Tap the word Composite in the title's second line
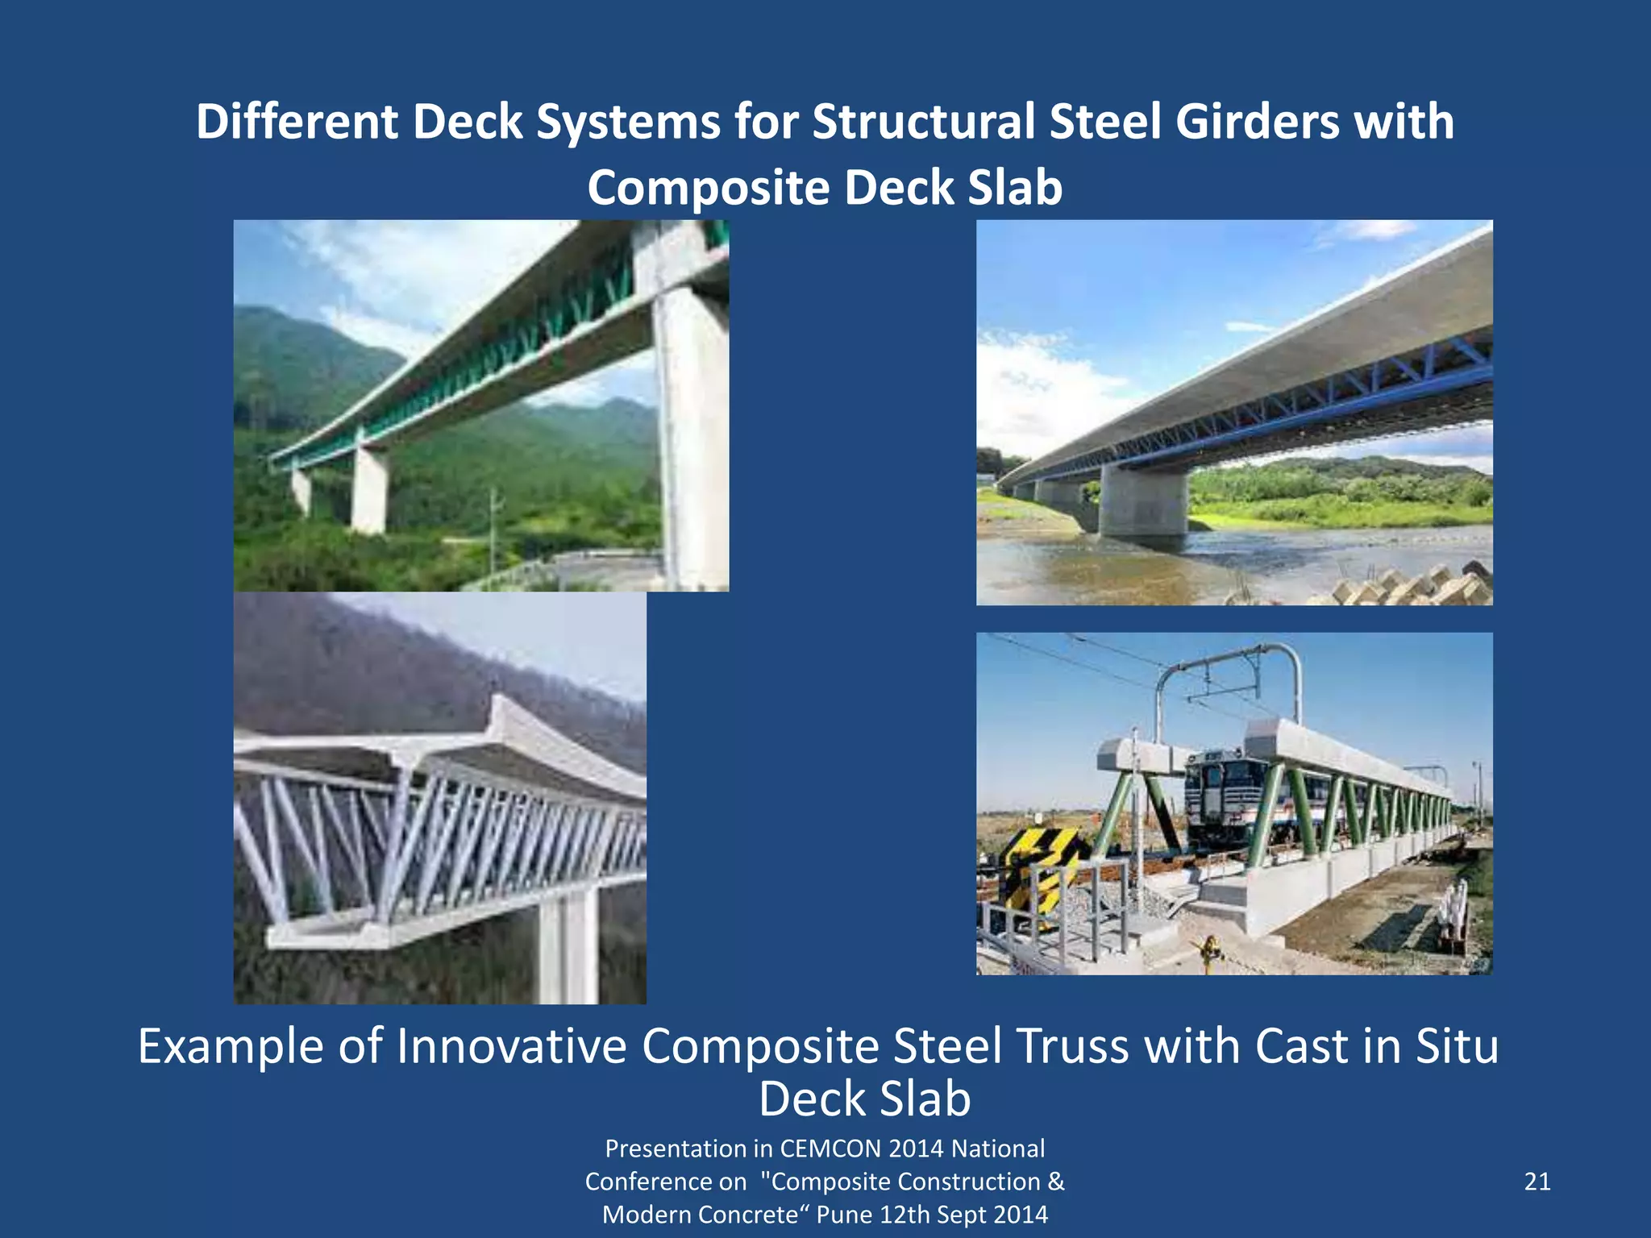(x=708, y=188)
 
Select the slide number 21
(x=1537, y=1182)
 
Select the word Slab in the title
(x=1014, y=188)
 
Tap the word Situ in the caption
(x=1457, y=1046)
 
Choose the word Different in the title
(x=297, y=123)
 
